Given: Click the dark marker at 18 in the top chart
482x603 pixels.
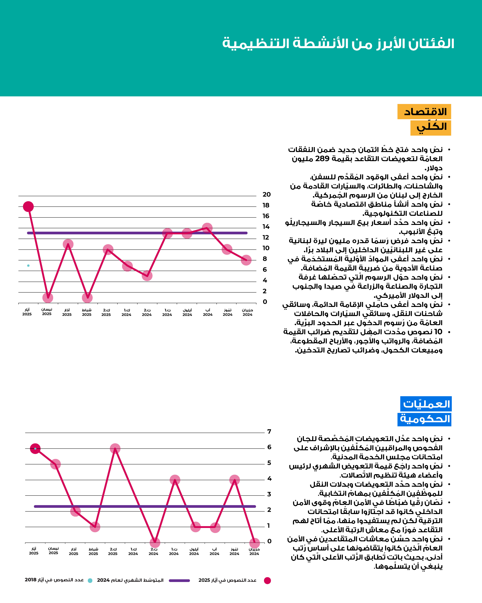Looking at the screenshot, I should (x=28, y=207).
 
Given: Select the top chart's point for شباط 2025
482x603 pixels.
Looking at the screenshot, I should (x=87, y=298).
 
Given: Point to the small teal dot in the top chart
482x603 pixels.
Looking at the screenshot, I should (x=28, y=265).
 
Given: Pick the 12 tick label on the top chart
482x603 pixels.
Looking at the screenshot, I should (x=265, y=237).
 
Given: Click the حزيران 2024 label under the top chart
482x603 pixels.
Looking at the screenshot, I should (x=247, y=312).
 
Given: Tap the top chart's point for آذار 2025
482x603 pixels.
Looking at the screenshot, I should (x=68, y=244).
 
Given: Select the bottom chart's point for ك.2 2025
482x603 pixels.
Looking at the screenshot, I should (x=115, y=449).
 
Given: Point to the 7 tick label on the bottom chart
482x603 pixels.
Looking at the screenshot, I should (x=269, y=432).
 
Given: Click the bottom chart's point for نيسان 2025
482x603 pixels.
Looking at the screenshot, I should (x=55, y=464).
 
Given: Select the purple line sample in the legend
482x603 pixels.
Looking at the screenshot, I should (x=179, y=581).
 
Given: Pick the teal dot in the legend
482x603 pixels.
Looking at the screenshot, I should (x=90, y=581).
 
